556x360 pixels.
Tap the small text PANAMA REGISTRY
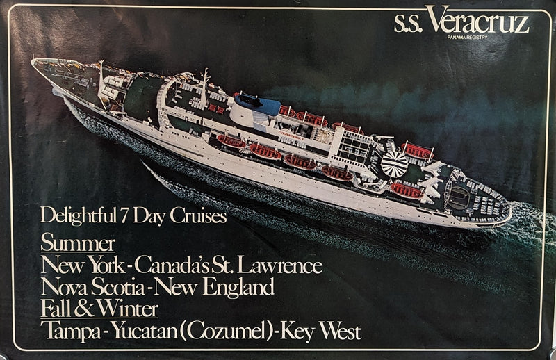point(468,37)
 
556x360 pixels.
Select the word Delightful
point(77,215)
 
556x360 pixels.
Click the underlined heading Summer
point(78,244)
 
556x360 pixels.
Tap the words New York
point(85,265)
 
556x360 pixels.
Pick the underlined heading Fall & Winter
point(99,308)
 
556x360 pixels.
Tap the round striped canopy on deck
point(395,164)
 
